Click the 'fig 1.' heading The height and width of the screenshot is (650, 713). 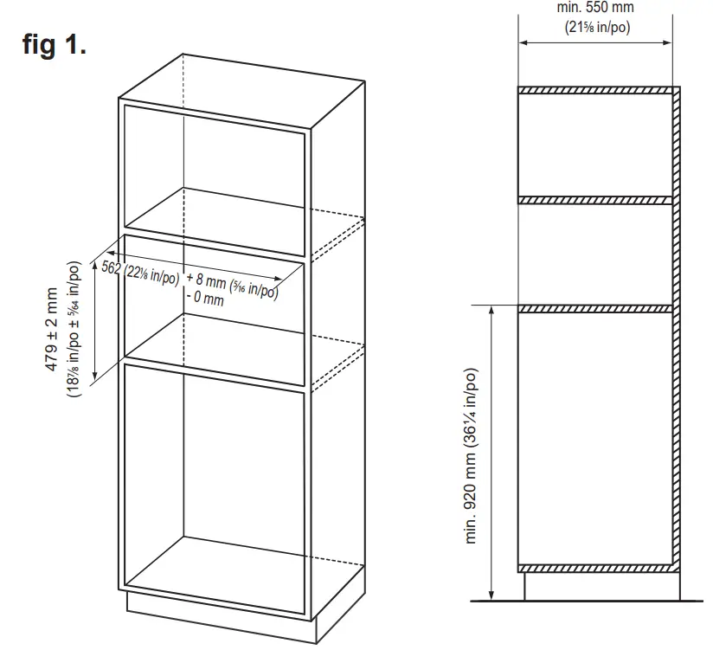pyautogui.click(x=54, y=46)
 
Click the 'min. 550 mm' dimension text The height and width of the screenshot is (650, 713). pyautogui.click(x=595, y=8)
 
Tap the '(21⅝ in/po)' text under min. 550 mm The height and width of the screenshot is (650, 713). pyautogui.click(x=595, y=27)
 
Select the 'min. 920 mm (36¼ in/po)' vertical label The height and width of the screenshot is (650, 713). pyautogui.click(x=472, y=457)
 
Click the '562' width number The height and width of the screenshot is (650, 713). pyautogui.click(x=111, y=267)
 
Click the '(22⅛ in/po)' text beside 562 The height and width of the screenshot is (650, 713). pyautogui.click(x=152, y=274)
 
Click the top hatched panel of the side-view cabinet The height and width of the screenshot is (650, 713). pyautogui.click(x=595, y=90)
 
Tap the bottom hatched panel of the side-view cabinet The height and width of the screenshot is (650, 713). pyautogui.click(x=595, y=568)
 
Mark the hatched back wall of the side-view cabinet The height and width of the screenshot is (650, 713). pyautogui.click(x=676, y=329)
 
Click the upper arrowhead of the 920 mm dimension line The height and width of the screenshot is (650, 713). pyautogui.click(x=491, y=310)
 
